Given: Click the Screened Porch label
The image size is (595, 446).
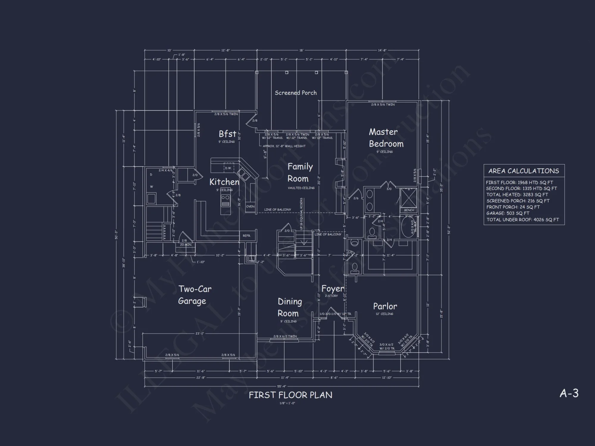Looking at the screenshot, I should pyautogui.click(x=295, y=93).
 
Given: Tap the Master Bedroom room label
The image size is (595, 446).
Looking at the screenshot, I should pyautogui.click(x=386, y=138).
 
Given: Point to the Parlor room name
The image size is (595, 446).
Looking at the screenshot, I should pyautogui.click(x=385, y=306).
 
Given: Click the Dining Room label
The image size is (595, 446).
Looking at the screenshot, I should pyautogui.click(x=289, y=307).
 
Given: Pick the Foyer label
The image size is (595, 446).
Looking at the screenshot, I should pyautogui.click(x=333, y=289).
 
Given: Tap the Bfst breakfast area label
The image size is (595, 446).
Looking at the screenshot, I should pyautogui.click(x=228, y=134).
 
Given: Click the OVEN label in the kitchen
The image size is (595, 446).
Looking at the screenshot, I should pyautogui.click(x=250, y=206).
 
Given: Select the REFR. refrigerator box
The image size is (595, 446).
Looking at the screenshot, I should pyautogui.click(x=247, y=236).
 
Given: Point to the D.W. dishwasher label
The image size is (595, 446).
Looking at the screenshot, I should pyautogui.click(x=228, y=168).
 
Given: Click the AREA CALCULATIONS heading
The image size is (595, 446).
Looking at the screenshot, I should pyautogui.click(x=524, y=171).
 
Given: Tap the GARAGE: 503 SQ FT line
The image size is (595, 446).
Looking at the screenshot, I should pyautogui.click(x=508, y=213).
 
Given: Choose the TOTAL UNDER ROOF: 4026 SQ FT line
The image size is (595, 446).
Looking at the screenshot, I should pyautogui.click(x=523, y=220).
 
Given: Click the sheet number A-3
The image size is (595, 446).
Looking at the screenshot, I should pyautogui.click(x=569, y=393).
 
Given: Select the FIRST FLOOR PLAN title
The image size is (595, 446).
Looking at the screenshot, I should pyautogui.click(x=290, y=395).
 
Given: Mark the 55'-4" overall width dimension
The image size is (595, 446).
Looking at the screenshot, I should pyautogui.click(x=281, y=386).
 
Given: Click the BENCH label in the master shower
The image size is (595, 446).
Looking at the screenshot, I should pyautogui.click(x=409, y=210).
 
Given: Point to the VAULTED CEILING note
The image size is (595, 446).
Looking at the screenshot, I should pyautogui.click(x=301, y=188).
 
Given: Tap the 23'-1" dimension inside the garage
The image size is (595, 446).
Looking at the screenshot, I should pyautogui.click(x=200, y=334).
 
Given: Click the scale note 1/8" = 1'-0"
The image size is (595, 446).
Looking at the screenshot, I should pyautogui.click(x=287, y=403).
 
